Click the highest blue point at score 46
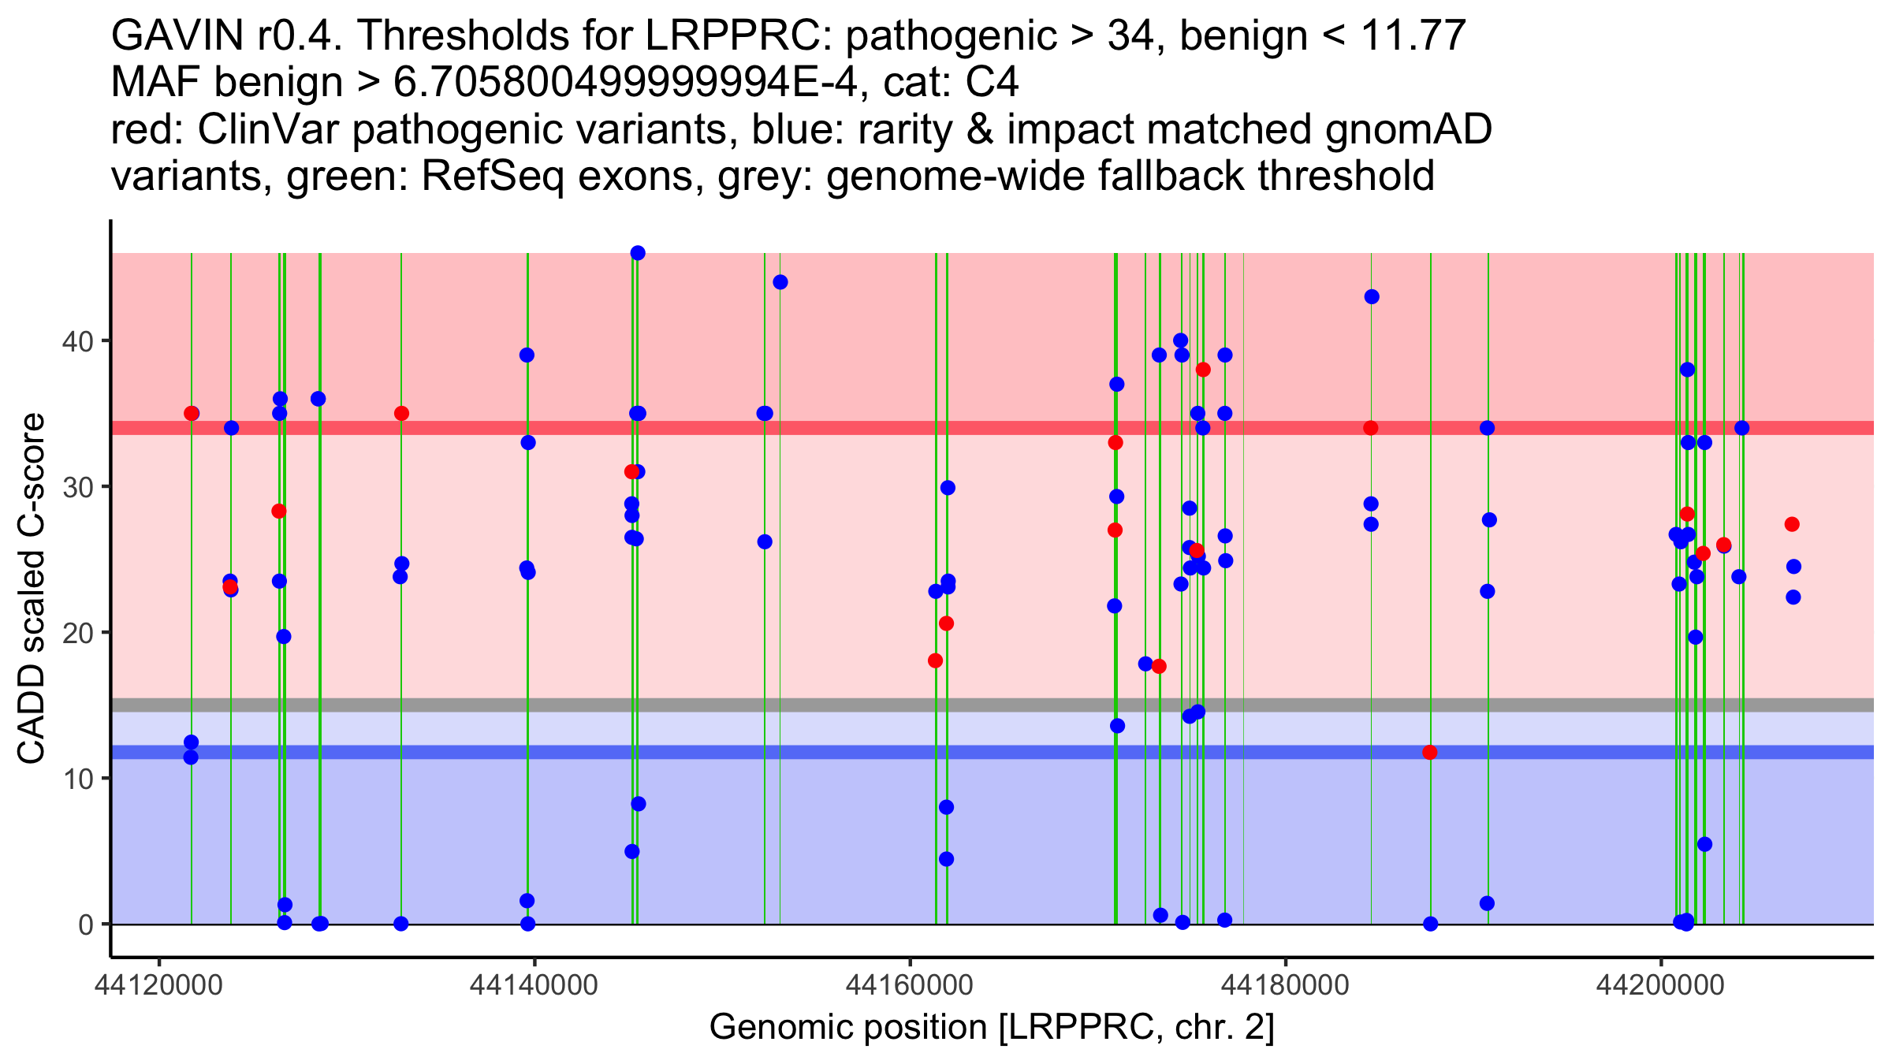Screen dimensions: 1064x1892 (638, 253)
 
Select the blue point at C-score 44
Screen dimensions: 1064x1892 (780, 282)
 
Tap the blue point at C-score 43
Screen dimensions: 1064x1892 (1372, 297)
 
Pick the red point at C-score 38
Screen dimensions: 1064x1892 (1203, 370)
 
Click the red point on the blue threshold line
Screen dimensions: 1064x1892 (1430, 753)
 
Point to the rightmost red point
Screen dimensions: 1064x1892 (1792, 524)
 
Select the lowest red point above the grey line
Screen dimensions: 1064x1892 (1159, 667)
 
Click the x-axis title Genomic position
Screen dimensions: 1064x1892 (991, 1028)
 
